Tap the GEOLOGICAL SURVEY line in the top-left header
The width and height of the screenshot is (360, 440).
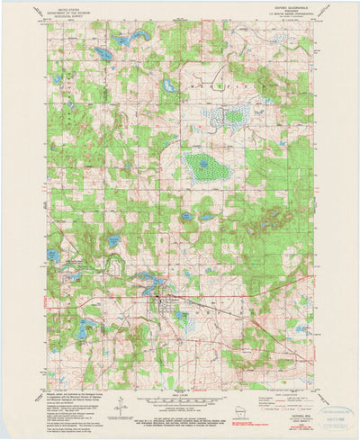pyautogui.click(x=72, y=20)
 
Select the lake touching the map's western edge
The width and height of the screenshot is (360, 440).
pyautogui.click(x=53, y=256)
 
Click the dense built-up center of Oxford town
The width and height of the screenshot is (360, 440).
pyautogui.click(x=157, y=304)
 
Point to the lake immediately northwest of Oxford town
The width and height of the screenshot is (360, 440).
pyautogui.click(x=142, y=290)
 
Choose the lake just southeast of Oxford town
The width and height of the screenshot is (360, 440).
pyautogui.click(x=181, y=318)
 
